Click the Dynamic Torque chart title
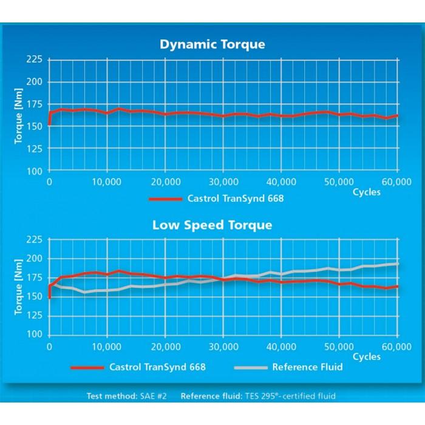pos(212,44)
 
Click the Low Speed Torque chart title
pos(212,225)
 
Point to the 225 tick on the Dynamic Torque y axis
pos(35,59)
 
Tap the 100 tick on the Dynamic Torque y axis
pos(35,171)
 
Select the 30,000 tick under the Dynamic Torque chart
pos(223,182)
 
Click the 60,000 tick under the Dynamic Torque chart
pos(397,182)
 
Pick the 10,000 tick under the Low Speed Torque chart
pos(107,345)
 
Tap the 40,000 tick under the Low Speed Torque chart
pos(281,345)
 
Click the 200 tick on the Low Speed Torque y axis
pos(35,259)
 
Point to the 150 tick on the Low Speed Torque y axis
pos(35,297)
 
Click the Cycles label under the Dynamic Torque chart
pos(367,192)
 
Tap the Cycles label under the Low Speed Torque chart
pos(367,356)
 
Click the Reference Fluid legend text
pos(307,367)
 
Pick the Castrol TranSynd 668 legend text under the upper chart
pos(236,199)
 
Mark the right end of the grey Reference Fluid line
pos(398,263)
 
